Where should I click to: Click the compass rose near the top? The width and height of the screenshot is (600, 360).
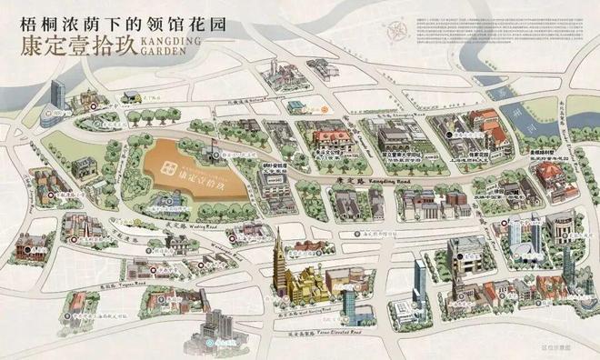[x=396, y=35]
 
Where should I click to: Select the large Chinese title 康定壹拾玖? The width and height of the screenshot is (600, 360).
[x=72, y=46]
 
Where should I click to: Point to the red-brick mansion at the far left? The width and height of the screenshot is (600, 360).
[x=36, y=243]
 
